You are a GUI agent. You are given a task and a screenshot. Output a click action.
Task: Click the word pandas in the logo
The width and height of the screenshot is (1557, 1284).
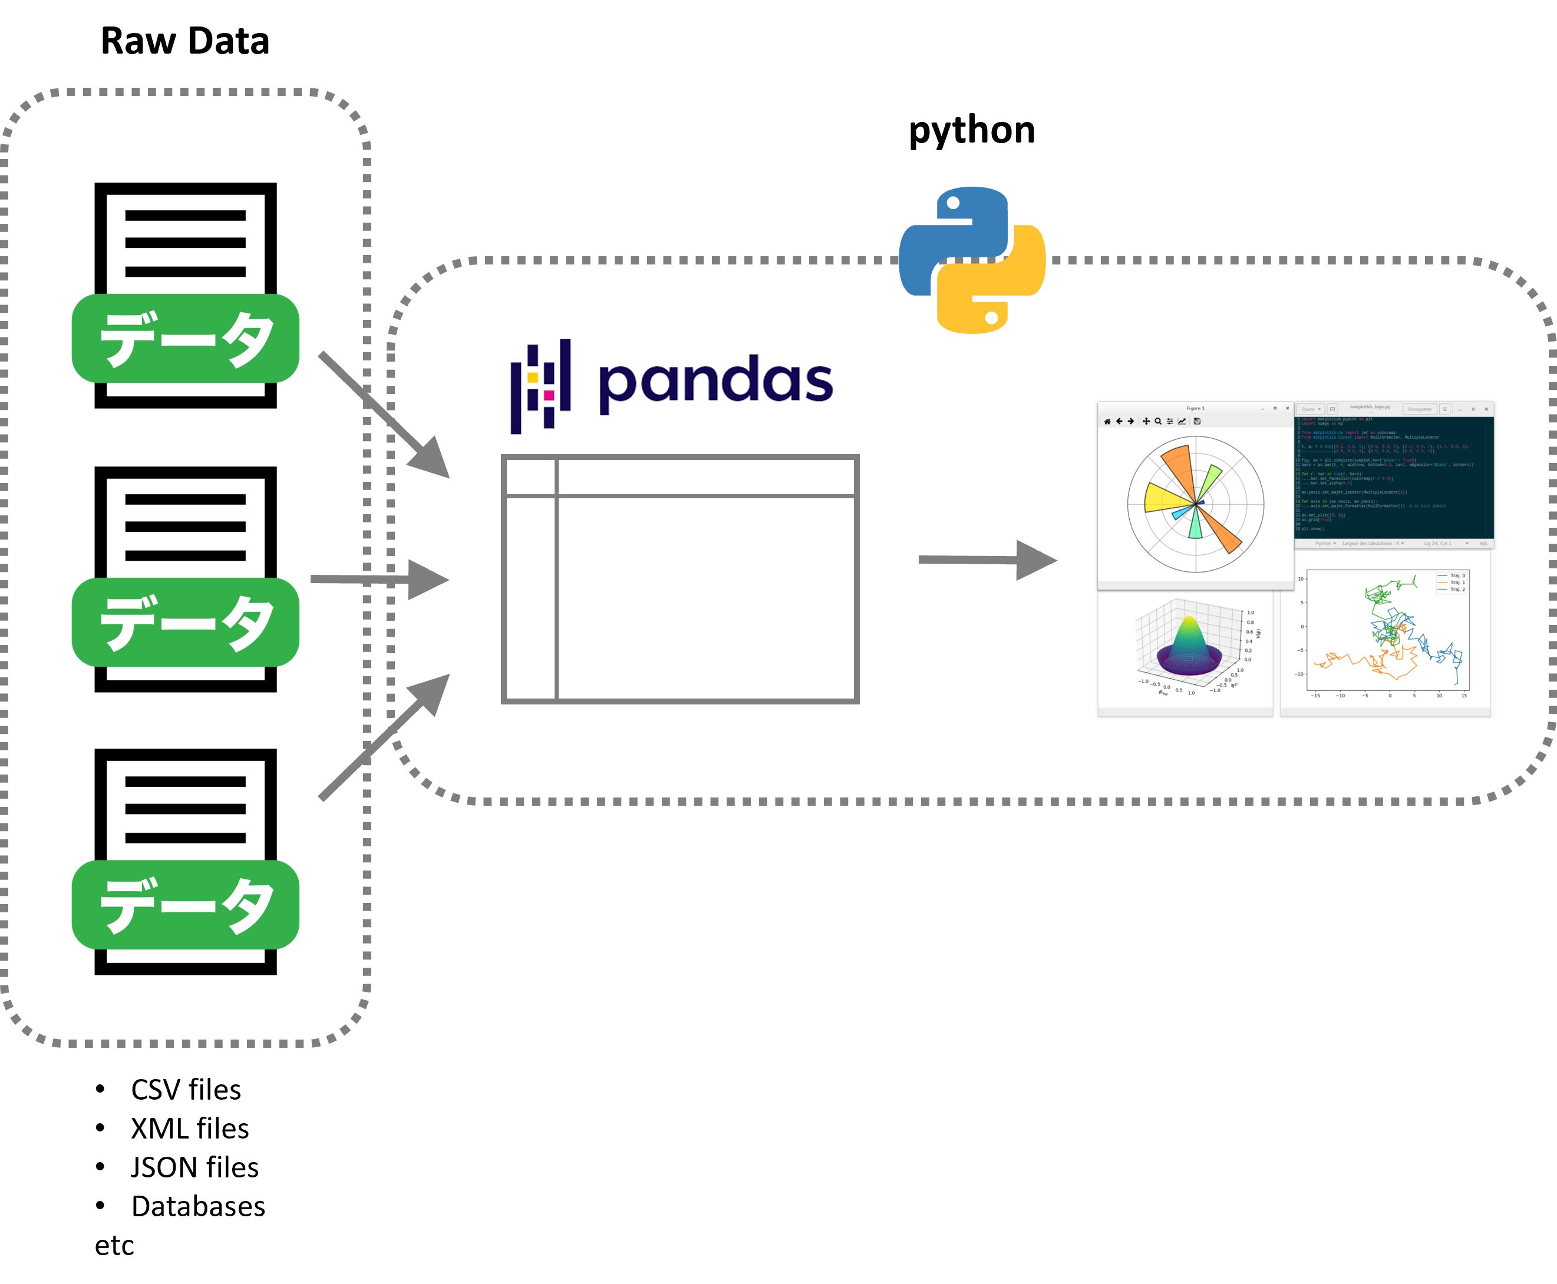coord(715,382)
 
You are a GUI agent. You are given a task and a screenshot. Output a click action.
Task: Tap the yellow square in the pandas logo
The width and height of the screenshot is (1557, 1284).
coord(533,377)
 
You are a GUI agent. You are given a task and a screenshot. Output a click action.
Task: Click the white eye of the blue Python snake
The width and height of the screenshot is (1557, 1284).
coord(953,203)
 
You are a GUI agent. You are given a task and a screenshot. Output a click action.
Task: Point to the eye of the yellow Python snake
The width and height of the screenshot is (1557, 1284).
coord(992,318)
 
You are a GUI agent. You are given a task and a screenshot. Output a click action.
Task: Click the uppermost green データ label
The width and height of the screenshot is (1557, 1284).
coord(185,338)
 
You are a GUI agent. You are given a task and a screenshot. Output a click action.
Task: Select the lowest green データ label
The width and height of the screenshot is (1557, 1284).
coord(185,904)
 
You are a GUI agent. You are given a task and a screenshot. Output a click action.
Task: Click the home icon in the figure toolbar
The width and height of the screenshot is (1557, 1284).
coord(1107,422)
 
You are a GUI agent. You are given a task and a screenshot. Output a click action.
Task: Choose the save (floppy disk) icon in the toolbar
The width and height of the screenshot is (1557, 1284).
coord(1196,422)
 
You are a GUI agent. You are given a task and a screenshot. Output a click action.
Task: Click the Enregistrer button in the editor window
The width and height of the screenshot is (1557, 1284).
coord(1419,409)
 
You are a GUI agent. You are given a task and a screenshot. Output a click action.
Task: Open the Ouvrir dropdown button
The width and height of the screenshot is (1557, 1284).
coord(1311,409)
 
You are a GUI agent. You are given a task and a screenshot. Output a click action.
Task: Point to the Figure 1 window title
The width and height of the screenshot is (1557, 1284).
coord(1195,408)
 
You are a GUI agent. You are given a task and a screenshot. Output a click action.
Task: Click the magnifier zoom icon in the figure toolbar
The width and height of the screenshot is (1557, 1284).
coord(1158,422)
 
